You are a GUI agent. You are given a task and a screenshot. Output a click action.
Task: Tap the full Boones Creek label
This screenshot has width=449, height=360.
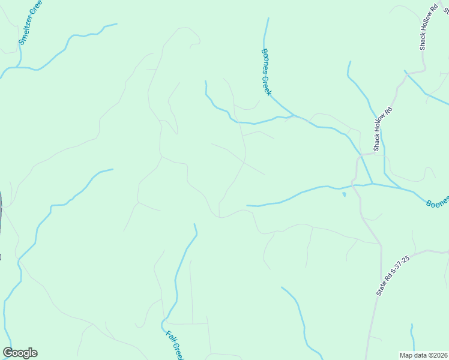pyautogui.click(x=267, y=72)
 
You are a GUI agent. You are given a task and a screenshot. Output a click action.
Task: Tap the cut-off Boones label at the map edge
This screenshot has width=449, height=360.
pyautogui.click(x=438, y=203)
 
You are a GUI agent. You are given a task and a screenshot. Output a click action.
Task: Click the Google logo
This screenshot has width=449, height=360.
pyautogui.click(x=20, y=353)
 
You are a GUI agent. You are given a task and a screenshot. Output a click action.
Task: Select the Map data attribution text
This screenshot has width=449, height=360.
pyautogui.click(x=423, y=355)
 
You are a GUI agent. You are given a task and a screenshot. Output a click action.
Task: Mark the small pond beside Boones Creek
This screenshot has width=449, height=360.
pyautogui.click(x=344, y=194)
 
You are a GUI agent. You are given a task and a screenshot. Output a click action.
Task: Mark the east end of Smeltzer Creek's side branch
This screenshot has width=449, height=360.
pyautogui.click(x=116, y=25)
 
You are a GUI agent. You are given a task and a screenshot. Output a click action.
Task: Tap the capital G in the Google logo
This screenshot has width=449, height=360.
pyautogui.click(x=7, y=353)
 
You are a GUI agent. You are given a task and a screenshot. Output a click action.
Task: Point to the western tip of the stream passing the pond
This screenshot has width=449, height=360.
pyautogui.click(x=247, y=205)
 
